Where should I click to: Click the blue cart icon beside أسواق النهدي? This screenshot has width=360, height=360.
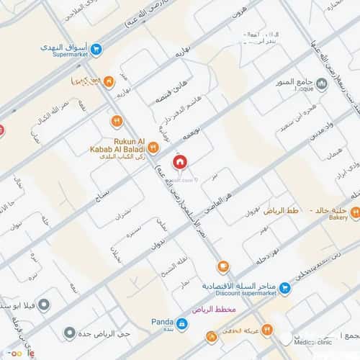[96, 50]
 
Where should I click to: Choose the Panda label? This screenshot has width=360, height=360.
[161, 323]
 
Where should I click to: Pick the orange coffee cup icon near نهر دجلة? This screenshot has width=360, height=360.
[223, 266]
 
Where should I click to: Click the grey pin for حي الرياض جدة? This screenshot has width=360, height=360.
[69, 333]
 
